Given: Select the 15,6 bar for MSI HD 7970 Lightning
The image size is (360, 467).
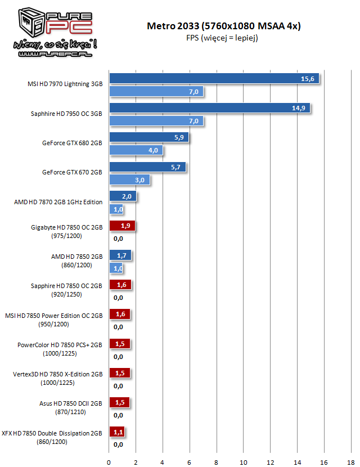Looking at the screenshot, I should (214, 79).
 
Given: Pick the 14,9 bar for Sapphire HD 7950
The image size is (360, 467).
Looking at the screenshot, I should (209, 108).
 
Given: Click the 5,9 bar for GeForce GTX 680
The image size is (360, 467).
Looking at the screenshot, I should (149, 137).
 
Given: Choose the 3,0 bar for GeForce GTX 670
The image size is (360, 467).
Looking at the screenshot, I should (129, 180).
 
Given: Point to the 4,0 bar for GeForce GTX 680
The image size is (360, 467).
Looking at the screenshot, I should (136, 150).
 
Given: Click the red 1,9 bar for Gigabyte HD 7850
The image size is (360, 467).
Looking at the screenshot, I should (122, 226).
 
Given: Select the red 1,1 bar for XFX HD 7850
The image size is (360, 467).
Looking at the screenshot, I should (116, 432).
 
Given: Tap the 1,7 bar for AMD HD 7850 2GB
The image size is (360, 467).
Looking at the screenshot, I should (120, 255).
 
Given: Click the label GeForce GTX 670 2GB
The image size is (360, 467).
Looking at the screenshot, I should (72, 172).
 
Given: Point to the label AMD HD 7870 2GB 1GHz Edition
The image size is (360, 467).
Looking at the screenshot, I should (58, 201).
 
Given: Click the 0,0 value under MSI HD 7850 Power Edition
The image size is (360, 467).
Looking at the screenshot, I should (118, 327).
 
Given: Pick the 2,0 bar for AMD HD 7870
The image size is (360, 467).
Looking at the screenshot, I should (123, 196).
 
